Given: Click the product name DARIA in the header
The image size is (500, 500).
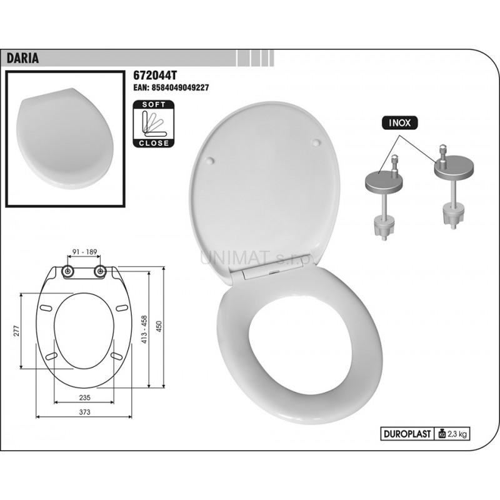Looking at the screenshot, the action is point(22,58).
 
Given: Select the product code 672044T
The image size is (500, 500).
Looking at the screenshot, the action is point(155,76).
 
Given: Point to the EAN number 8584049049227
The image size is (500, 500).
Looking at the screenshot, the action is point(171,87).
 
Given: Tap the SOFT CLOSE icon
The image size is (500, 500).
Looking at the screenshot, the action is point(154,124).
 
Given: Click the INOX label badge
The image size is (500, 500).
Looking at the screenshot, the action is point(399,122).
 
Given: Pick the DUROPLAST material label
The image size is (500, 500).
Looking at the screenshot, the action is point(407,434).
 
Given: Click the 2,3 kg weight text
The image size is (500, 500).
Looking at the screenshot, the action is point(457,434).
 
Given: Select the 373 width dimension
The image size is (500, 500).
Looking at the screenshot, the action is point(84,412).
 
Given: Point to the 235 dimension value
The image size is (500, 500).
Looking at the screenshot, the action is point(84,397).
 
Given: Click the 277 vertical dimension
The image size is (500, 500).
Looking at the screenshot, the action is point(17,331).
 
